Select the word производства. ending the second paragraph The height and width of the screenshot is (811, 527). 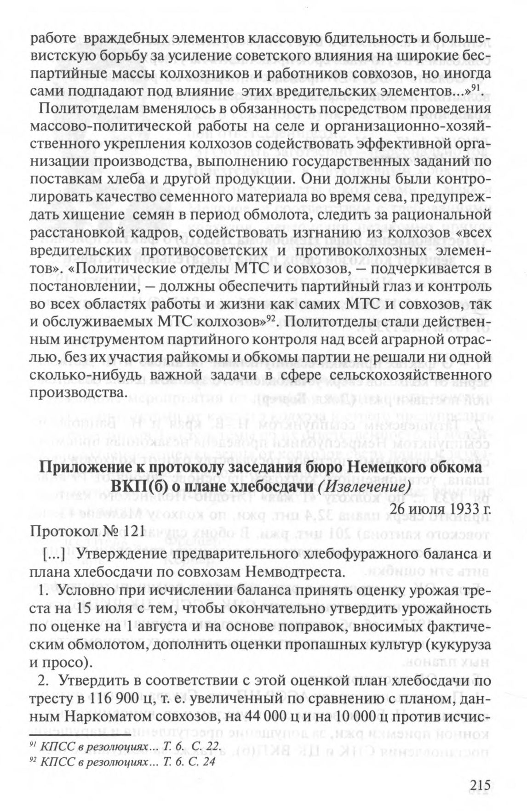point(77,393)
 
